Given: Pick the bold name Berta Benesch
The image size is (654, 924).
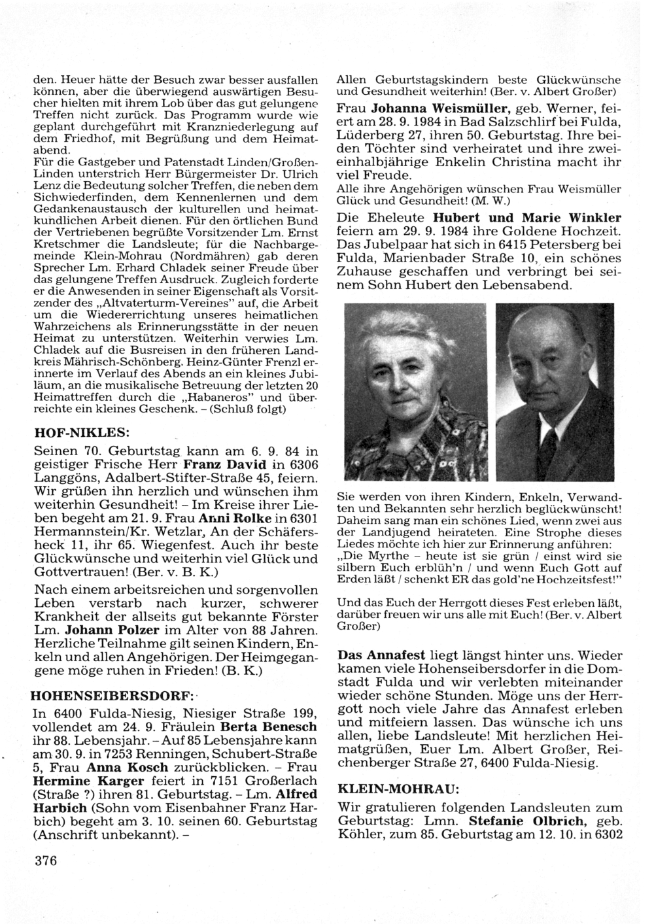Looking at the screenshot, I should (x=269, y=727).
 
